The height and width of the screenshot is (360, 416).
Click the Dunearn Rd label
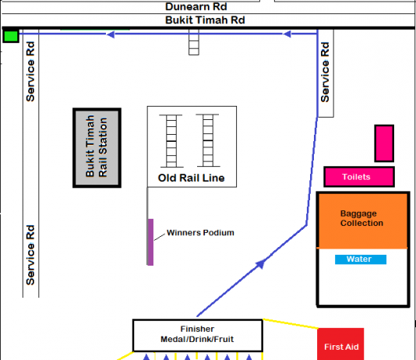tap(196, 7)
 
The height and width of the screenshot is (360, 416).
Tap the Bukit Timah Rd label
tap(205, 20)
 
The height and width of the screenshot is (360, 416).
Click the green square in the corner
tap(11, 36)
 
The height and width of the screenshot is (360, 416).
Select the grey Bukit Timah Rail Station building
tap(97, 148)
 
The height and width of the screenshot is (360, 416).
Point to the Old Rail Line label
tap(192, 178)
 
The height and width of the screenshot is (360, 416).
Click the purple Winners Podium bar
tap(150, 242)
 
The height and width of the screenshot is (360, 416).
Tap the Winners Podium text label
tap(200, 233)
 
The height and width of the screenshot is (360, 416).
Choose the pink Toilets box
tap(359, 177)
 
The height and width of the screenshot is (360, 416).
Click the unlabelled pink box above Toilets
tap(384, 143)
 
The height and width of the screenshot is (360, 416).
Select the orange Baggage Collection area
tap(363, 221)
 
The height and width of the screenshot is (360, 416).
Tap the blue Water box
tap(361, 259)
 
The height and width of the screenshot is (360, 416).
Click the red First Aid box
tap(340, 344)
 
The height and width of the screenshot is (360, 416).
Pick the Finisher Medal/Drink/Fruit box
tap(198, 335)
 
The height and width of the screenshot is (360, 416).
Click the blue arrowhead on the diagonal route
tap(260, 264)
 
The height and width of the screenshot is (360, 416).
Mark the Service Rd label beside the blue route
tap(325, 72)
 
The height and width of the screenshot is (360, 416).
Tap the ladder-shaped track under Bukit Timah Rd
tap(194, 42)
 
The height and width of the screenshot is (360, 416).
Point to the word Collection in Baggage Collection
tap(362, 223)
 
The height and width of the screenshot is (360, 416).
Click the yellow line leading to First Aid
tap(291, 323)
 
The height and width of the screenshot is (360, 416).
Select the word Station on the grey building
tap(103, 147)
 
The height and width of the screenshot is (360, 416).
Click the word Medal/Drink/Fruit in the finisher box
tap(197, 339)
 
